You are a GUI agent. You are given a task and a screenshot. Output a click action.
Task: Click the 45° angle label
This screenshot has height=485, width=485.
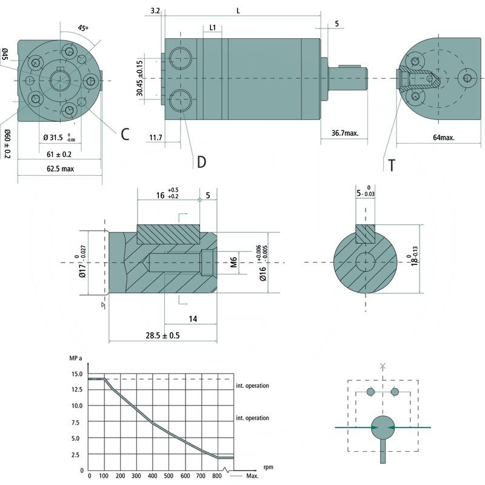pyautogui.click(x=83, y=28)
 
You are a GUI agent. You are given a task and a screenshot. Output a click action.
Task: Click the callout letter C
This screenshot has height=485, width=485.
pyautogui.click(x=124, y=135)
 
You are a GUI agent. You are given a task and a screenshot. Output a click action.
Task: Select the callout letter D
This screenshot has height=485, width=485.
pyautogui.click(x=201, y=162)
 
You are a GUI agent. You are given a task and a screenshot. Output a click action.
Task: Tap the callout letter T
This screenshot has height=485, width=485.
pyautogui.click(x=392, y=164)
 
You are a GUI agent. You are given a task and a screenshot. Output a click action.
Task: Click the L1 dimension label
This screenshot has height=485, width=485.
pyautogui.click(x=213, y=28)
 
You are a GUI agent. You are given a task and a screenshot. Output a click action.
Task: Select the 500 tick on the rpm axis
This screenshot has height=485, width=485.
pyautogui.click(x=170, y=477)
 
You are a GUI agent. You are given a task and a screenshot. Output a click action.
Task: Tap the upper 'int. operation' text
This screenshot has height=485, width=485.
pyautogui.click(x=252, y=386)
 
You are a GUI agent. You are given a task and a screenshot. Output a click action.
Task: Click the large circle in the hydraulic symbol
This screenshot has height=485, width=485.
pyautogui.click(x=383, y=428)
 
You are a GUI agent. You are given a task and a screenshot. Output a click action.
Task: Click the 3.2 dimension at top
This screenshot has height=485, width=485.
pyautogui.click(x=155, y=11)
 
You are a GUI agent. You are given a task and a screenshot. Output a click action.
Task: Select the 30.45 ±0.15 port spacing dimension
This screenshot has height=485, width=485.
pyautogui.click(x=140, y=79)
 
